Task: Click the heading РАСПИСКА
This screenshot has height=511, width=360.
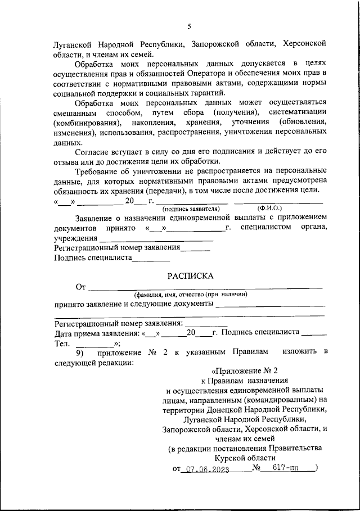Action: (x=190, y=276)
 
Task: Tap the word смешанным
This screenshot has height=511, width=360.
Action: (x=77, y=113)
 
